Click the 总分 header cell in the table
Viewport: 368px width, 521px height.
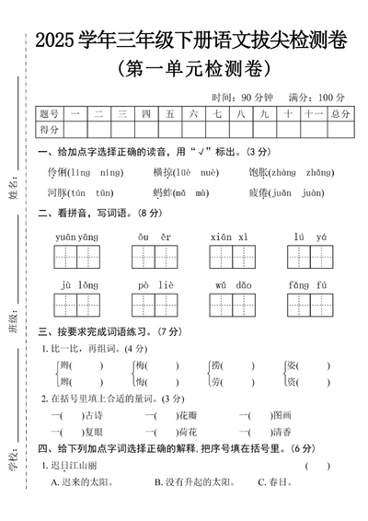[339, 113]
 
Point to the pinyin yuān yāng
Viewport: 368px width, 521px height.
[76, 237]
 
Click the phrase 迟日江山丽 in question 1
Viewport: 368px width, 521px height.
[72, 465]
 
